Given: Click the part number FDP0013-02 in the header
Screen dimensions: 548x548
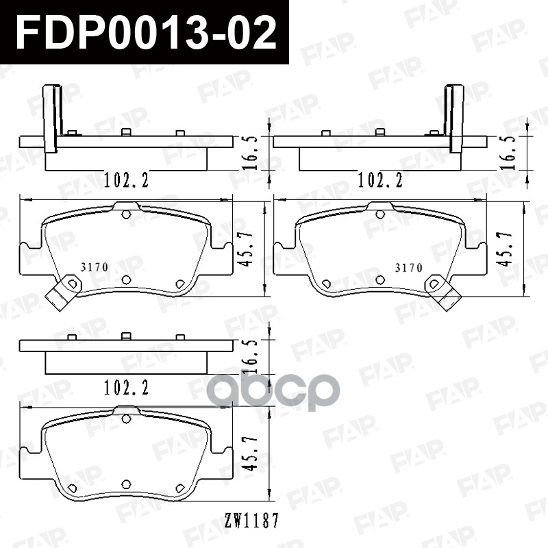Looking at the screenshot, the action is tap(147, 32).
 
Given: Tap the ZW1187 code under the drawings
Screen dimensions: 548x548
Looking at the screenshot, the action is tap(251, 521).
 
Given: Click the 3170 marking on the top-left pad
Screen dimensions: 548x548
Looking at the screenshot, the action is tap(95, 267).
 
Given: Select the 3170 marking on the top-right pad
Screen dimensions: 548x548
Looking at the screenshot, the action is tap(409, 268).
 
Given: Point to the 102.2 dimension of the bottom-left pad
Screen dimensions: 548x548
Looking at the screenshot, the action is tap(127, 388).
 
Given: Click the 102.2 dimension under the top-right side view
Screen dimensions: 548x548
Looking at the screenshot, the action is tap(380, 180).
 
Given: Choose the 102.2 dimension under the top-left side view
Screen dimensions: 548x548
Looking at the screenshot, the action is tap(127, 180).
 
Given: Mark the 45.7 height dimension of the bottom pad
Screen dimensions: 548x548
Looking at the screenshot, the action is tap(249, 453).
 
